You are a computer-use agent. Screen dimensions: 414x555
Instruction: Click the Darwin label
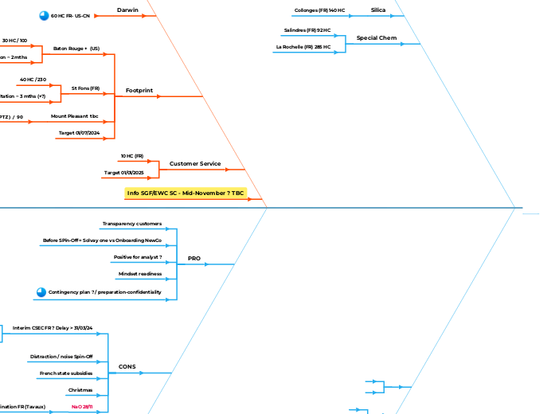click(128, 10)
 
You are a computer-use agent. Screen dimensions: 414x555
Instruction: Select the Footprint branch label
click(139, 91)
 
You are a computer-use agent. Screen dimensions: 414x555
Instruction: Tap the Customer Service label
click(195, 163)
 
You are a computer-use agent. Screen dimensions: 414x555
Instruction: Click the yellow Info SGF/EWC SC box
click(186, 193)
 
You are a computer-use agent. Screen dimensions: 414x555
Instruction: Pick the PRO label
click(193, 259)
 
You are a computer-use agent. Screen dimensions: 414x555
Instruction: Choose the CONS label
click(127, 367)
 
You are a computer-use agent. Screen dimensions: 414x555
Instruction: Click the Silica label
click(378, 10)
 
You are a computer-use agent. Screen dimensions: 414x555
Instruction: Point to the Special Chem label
click(377, 37)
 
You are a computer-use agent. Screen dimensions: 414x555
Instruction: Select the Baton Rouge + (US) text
click(76, 49)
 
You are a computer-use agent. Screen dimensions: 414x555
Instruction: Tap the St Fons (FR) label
click(85, 88)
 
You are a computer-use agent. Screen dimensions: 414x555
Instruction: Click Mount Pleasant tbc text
click(75, 116)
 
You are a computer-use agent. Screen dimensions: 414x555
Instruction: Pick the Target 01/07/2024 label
click(79, 132)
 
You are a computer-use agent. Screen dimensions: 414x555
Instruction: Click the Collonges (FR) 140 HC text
click(319, 10)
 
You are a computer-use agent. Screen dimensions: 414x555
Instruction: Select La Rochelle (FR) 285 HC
click(303, 47)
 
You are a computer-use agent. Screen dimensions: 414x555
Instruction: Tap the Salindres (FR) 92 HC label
click(307, 30)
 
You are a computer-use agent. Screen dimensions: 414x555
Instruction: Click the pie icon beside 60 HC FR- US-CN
click(44, 15)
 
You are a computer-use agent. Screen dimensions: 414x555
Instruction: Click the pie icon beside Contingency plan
click(41, 292)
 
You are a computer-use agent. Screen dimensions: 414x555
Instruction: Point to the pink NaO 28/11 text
click(82, 407)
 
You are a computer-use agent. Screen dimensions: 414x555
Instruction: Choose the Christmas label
click(80, 389)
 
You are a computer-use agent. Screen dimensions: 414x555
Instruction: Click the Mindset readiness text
click(140, 274)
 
